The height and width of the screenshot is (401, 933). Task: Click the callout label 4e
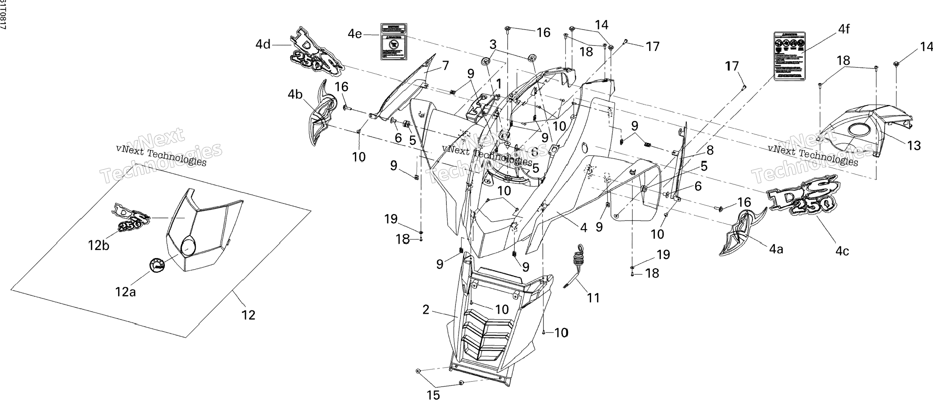355,34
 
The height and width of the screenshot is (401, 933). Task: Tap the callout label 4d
263,45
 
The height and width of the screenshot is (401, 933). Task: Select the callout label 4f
844,29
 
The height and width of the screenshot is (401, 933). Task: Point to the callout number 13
914,146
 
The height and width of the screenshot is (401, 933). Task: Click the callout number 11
593,298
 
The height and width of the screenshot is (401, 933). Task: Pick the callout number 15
433,395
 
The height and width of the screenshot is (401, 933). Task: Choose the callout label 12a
125,292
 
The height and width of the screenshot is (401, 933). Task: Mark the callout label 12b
99,246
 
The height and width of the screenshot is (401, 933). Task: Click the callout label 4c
842,251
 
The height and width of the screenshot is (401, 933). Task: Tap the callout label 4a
776,250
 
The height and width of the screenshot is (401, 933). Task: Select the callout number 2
426,310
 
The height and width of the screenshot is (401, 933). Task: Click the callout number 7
446,66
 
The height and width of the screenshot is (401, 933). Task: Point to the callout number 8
710,150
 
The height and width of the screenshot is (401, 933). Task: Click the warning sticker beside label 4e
393,42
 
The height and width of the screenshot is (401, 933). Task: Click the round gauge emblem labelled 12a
157,270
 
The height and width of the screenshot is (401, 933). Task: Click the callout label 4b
295,95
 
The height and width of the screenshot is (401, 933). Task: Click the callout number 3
493,45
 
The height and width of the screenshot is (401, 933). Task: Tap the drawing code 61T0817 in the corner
3,14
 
